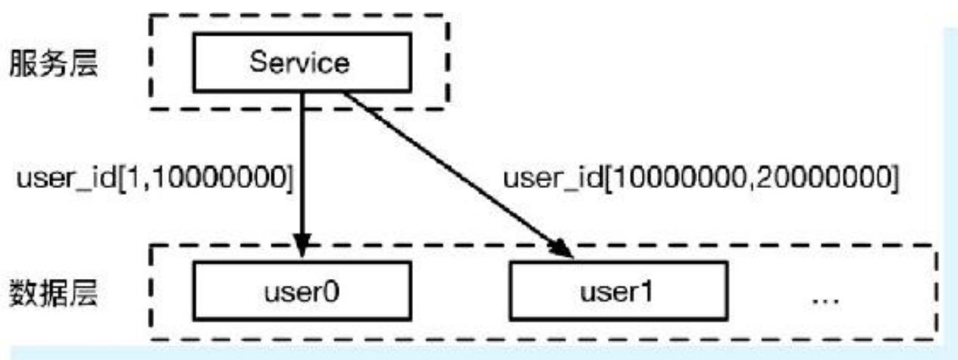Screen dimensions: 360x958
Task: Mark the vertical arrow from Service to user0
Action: pos(302,174)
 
